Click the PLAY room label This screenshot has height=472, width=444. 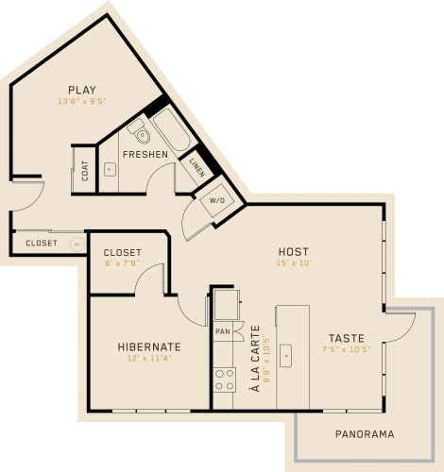click(82, 90)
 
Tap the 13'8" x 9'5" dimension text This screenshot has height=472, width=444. click(82, 101)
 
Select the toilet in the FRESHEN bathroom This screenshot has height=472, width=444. click(139, 131)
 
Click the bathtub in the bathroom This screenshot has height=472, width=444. click(172, 129)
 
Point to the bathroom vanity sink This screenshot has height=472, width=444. click(110, 169)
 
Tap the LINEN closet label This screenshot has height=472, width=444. click(197, 167)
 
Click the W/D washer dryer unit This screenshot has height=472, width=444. click(217, 201)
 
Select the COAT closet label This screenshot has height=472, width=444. click(85, 171)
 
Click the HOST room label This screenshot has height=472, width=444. click(294, 252)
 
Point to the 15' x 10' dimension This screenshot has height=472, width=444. click(294, 263)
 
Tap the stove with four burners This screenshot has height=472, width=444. click(225, 379)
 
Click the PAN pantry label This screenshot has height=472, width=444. click(223, 331)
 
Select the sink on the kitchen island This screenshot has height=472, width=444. click(285, 356)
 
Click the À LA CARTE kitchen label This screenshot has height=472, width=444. click(255, 359)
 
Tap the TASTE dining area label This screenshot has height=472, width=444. click(347, 338)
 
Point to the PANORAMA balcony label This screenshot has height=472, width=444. click(365, 434)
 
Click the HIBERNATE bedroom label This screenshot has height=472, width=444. click(149, 346)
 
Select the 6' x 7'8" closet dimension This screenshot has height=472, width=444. click(122, 263)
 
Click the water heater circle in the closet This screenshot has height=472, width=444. click(77, 244)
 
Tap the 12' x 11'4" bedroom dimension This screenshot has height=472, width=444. click(149, 358)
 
